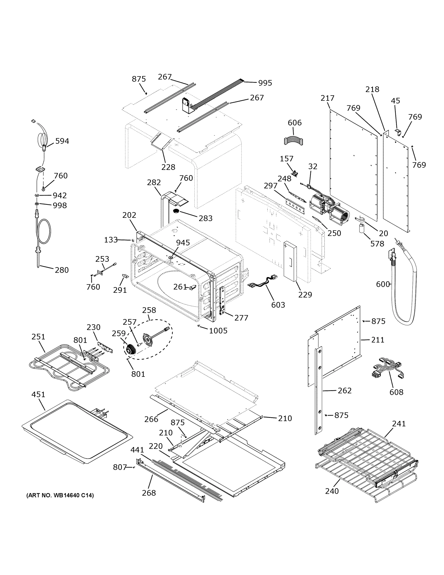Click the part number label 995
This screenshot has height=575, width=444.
point(265,83)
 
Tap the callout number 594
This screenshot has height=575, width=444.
point(62,141)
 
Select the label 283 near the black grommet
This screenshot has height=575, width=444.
point(205,218)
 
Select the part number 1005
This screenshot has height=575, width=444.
point(218,331)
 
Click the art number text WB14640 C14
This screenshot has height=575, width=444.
point(60,495)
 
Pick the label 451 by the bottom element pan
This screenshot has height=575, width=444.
point(38,394)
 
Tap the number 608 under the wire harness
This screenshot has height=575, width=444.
point(396,392)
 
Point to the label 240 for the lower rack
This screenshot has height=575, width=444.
point(332,491)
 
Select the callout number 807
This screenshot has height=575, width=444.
point(120,467)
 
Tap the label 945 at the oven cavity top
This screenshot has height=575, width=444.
point(183,243)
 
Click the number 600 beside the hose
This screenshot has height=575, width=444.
point(383,284)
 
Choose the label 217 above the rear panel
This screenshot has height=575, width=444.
point(327,98)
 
